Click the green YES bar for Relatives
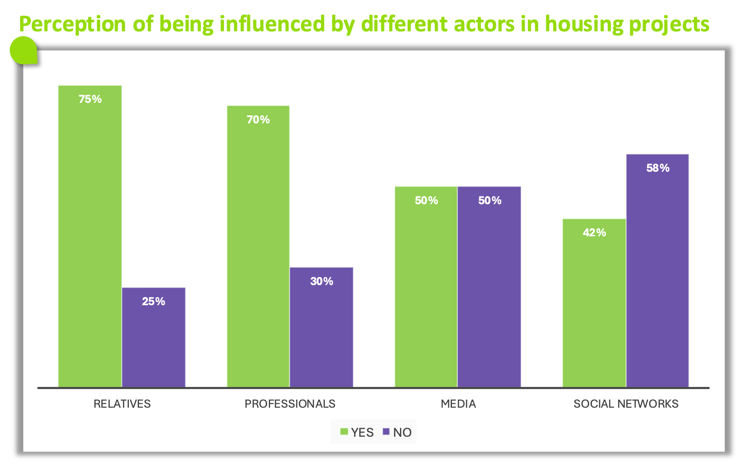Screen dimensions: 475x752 click(90, 236)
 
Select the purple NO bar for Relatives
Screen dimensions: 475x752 click(154, 337)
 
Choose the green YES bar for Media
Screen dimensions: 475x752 click(426, 287)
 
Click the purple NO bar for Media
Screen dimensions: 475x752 click(489, 287)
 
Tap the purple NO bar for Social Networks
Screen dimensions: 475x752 click(658, 270)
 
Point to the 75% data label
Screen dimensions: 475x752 click(90, 99)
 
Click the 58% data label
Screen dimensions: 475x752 click(658, 168)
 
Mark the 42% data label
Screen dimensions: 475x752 click(594, 232)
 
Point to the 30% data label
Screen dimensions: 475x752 click(321, 281)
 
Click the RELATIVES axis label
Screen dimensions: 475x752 click(122, 404)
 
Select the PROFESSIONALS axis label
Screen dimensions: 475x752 click(290, 404)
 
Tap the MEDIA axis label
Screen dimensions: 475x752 click(458, 404)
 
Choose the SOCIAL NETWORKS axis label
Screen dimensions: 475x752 click(626, 404)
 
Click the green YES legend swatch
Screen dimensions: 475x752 click(344, 432)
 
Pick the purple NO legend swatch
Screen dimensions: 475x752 click(386, 432)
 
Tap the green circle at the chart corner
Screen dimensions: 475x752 click(23, 50)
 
